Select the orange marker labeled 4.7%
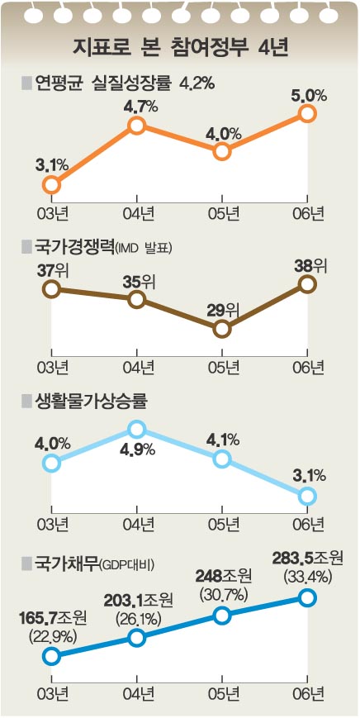[x=137, y=125]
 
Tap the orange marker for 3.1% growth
[x=52, y=185]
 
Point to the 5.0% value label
[x=307, y=96]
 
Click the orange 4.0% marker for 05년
[x=222, y=151]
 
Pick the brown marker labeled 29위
[x=222, y=329]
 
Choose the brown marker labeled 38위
[x=307, y=284]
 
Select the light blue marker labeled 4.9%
[x=137, y=429]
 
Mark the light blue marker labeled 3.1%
[x=307, y=496]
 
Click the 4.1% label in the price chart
[x=222, y=440]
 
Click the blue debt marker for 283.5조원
[x=307, y=597]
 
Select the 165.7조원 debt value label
[x=53, y=621]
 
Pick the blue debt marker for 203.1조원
[x=137, y=637]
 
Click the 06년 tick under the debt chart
[x=307, y=695]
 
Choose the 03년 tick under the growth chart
[x=52, y=214]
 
